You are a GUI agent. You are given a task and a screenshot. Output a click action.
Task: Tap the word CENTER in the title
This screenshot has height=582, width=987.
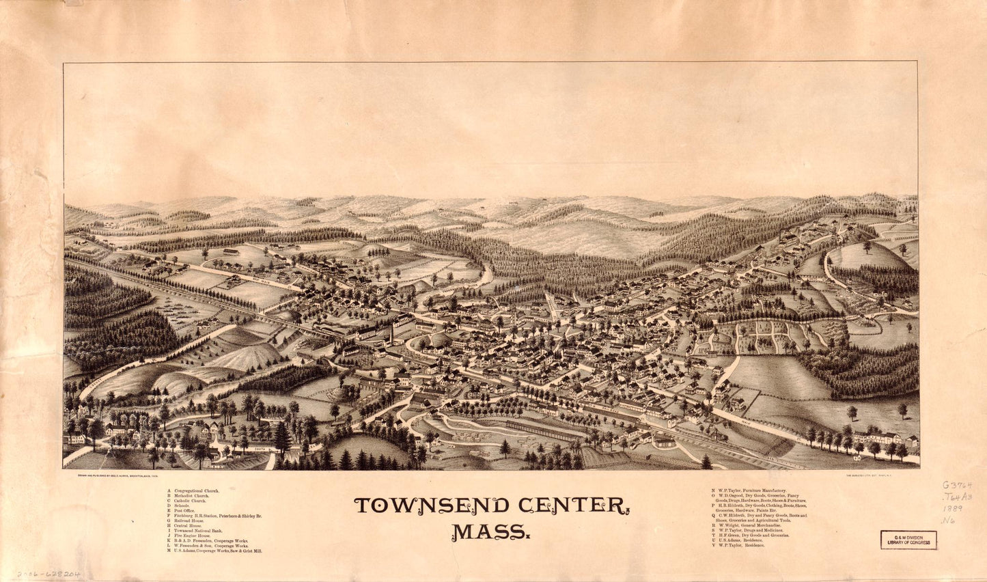574,505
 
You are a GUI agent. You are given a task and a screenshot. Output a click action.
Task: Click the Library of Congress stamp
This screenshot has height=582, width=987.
908,540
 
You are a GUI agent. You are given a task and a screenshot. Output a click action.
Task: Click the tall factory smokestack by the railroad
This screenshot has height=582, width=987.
392,334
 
